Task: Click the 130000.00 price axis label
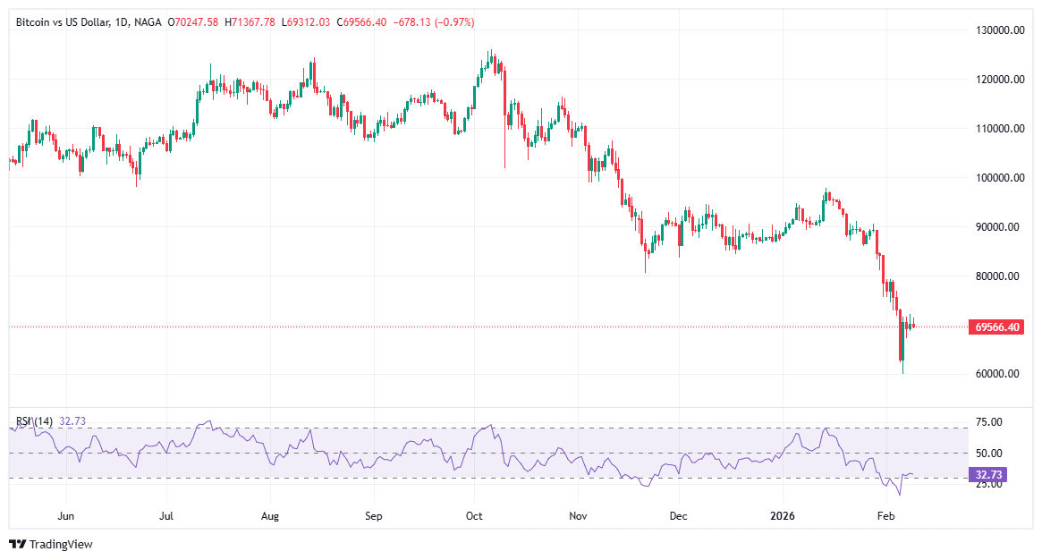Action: [998, 30]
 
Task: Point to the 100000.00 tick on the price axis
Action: [998, 178]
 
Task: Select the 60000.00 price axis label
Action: [998, 374]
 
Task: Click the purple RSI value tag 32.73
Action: [988, 476]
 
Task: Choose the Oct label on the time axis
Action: [475, 516]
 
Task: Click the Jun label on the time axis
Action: [65, 516]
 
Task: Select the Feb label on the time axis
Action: [885, 516]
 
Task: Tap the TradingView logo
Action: [51, 544]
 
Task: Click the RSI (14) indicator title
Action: [35, 421]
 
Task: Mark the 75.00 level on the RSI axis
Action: [987, 422]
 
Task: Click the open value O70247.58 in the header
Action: [194, 21]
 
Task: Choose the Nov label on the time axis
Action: [579, 516]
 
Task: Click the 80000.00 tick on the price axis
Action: [998, 276]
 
